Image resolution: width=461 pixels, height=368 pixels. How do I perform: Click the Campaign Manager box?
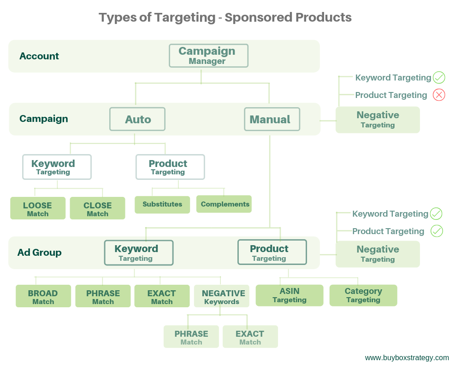pos(208,56)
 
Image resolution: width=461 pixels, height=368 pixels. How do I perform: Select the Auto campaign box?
pos(137,119)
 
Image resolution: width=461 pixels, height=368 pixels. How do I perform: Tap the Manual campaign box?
pos(272,119)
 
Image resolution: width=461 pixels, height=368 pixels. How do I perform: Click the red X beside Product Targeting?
pos(439,95)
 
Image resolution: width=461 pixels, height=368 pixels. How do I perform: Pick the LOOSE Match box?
pos(38,208)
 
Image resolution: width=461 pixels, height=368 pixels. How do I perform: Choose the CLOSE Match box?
pos(98,208)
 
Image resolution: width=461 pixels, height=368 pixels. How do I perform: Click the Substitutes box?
pos(162,205)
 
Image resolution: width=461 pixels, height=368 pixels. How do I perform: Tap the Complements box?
pos(224,204)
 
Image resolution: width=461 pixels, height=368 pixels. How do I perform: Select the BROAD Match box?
pos(43,296)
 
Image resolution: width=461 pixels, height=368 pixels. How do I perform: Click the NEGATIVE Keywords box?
pos(222,296)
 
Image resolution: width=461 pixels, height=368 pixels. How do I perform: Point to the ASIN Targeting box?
pos(290,295)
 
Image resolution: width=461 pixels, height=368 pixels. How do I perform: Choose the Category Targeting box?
pos(363,295)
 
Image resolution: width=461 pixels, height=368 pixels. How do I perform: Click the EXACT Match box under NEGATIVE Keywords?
pos(250,337)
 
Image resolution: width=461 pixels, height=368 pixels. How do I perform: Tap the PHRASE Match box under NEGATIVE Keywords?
pos(191,337)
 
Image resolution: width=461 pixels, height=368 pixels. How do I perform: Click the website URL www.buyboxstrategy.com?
pos(407,358)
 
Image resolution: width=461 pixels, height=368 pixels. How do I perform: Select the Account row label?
pos(39,56)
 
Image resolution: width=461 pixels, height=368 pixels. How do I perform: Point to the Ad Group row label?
pos(39,253)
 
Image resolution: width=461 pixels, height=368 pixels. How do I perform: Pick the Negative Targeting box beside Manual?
pos(378,120)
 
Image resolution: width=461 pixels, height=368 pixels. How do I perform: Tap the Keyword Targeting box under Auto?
pos(57,167)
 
